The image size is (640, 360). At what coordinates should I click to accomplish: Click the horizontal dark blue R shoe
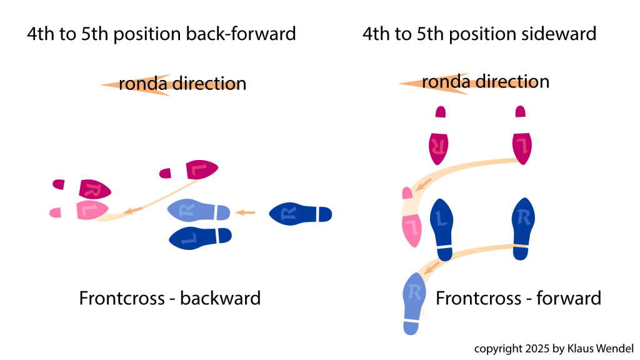coord(294,214)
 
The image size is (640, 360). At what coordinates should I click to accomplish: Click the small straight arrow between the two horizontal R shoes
coord(245,213)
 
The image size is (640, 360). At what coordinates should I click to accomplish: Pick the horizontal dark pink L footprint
coord(201,169)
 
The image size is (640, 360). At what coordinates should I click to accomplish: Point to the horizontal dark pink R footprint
coord(94,189)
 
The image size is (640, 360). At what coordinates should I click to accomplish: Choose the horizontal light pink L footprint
coord(91,210)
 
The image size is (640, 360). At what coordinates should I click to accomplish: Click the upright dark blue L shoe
coord(442,224)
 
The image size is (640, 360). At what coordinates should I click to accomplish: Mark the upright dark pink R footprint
coord(438,146)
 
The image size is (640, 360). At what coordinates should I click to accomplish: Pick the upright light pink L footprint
coord(411,228)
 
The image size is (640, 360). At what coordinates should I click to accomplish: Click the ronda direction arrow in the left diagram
coord(137,84)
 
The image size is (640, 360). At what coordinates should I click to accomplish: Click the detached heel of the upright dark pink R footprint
coord(441,112)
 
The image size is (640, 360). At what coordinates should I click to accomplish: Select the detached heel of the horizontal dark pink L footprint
coord(165,173)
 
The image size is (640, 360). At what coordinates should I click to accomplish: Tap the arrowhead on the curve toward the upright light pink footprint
coord(422,185)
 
